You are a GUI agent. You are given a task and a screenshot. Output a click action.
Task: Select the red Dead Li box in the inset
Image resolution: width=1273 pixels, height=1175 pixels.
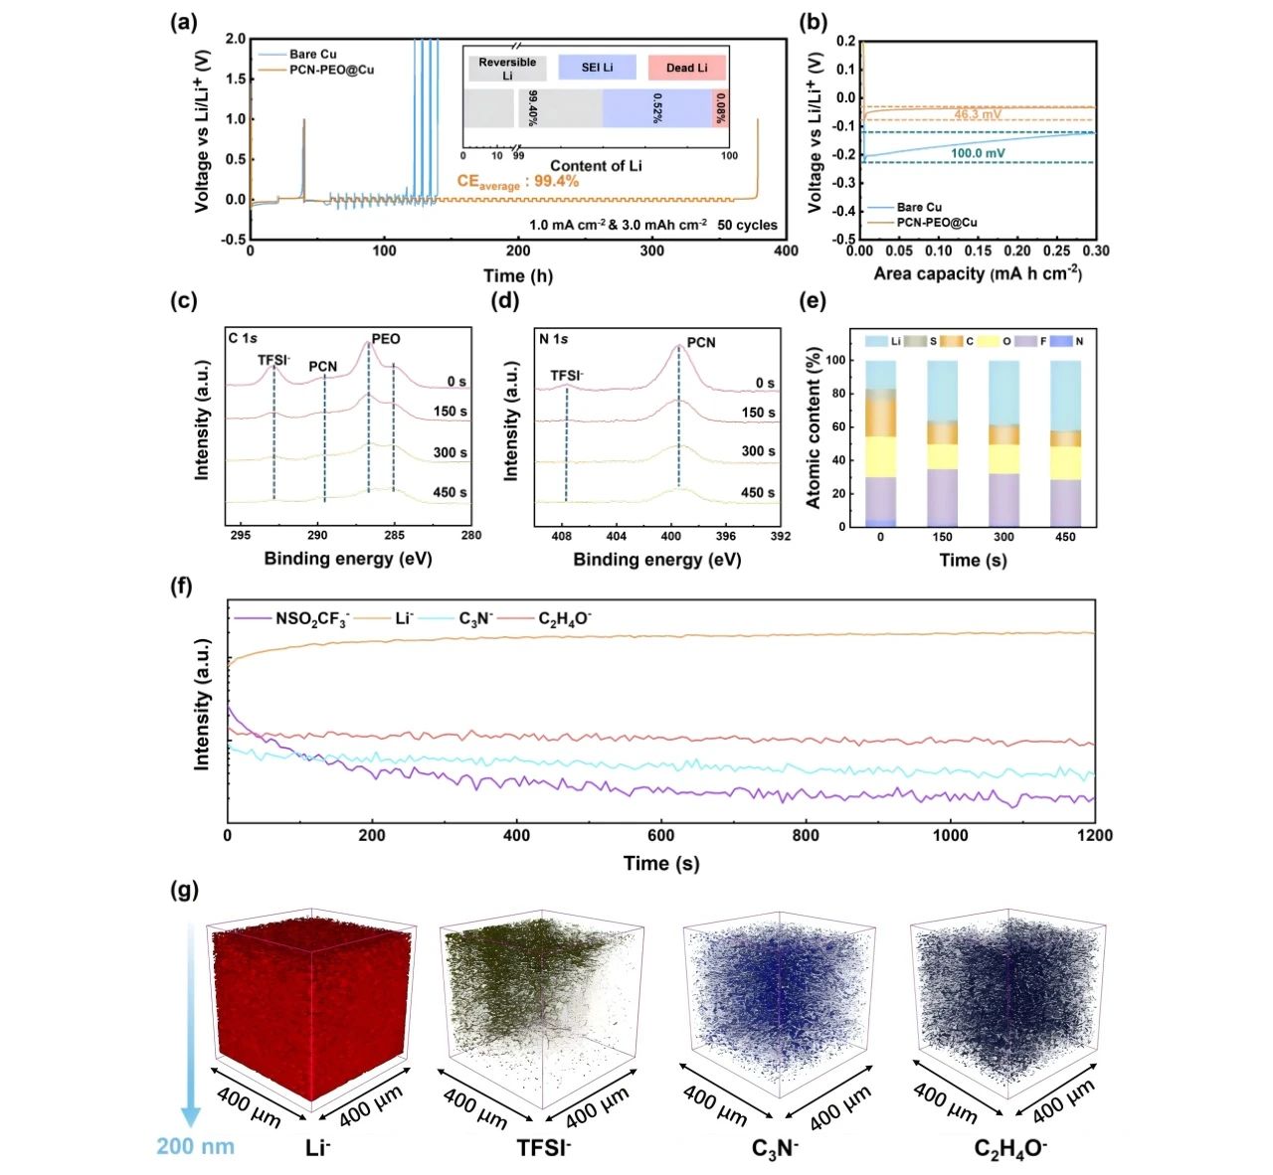(x=686, y=68)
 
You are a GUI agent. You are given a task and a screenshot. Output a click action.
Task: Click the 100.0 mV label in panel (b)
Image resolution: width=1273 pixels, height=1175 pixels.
(x=978, y=154)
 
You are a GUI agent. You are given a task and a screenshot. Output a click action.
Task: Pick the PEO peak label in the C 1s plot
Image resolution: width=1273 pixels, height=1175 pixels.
(x=386, y=339)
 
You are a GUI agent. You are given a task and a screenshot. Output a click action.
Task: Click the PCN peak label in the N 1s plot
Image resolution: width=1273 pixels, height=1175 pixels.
(x=701, y=342)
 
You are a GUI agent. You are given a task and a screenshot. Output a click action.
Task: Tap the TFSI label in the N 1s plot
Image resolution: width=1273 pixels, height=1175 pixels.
(x=567, y=376)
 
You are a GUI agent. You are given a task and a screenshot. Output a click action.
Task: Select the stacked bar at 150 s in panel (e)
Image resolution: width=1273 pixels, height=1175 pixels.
(x=942, y=443)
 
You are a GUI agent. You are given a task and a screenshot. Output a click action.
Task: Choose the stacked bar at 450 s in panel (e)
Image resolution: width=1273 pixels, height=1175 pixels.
(x=1065, y=443)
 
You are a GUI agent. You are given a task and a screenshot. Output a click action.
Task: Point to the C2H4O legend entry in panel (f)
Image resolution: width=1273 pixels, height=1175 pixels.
(x=564, y=619)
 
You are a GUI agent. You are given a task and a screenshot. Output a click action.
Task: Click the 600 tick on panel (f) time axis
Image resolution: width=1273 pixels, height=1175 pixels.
(x=661, y=836)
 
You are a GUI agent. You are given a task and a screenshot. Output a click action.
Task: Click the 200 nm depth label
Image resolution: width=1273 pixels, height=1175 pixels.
(x=196, y=1146)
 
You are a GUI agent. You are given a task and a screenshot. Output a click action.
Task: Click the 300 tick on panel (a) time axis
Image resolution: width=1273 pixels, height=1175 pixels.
(x=652, y=251)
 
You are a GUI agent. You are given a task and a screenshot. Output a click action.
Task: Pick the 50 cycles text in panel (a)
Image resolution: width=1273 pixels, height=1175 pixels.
(x=747, y=225)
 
